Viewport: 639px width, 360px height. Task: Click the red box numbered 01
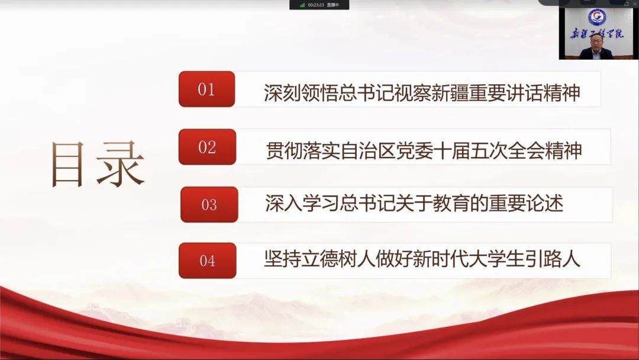pyautogui.click(x=206, y=89)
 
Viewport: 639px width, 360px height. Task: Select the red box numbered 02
pyautogui.click(x=208, y=147)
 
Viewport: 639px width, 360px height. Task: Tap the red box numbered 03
pyautogui.click(x=209, y=204)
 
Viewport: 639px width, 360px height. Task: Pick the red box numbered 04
pyautogui.click(x=208, y=261)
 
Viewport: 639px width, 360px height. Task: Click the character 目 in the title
pyautogui.click(x=67, y=164)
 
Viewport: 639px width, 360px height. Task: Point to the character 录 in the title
pyautogui.click(x=121, y=164)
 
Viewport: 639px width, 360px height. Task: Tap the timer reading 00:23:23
pyautogui.click(x=316, y=5)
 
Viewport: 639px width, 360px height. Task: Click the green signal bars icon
pyautogui.click(x=302, y=5)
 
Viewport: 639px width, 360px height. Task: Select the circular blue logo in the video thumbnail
pyautogui.click(x=597, y=17)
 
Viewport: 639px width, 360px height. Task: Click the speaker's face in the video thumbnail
pyautogui.click(x=595, y=43)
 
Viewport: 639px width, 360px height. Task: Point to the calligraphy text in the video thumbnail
pyautogui.click(x=597, y=33)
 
